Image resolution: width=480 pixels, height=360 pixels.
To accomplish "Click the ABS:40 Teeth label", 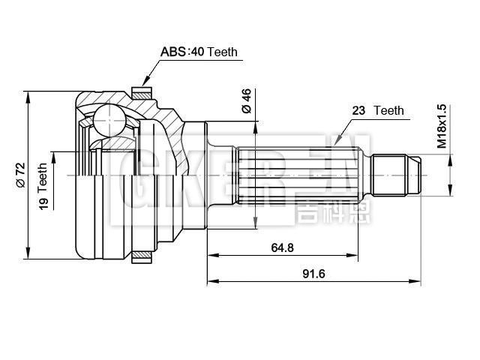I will coord(198,52).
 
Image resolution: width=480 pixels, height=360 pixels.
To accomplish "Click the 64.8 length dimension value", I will coord(281,246).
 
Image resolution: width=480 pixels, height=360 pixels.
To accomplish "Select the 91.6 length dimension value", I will coord(313,274).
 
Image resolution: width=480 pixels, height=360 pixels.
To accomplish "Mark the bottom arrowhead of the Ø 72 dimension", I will coord(28,253).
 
